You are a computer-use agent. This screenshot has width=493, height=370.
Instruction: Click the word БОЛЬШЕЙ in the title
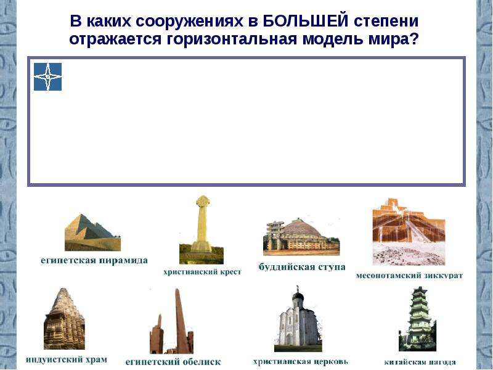(x=305, y=21)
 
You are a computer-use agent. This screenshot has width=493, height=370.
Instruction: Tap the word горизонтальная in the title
(x=232, y=39)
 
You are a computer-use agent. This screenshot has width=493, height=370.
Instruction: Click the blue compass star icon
(x=48, y=76)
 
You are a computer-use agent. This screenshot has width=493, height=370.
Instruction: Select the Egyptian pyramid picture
(x=93, y=232)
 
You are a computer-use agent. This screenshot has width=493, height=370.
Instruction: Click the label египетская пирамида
(x=94, y=261)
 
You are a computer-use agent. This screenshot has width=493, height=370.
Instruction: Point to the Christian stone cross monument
(x=202, y=229)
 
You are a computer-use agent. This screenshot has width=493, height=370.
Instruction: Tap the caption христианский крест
(x=202, y=272)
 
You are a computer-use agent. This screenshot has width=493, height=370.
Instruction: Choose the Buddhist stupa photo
(x=301, y=237)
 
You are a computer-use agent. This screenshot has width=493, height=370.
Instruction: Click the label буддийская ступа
(x=302, y=267)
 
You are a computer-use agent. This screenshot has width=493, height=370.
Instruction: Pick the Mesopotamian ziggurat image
(x=409, y=232)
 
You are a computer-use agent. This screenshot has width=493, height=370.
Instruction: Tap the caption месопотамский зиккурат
(x=409, y=276)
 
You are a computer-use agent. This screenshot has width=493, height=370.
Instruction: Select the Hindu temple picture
(x=65, y=318)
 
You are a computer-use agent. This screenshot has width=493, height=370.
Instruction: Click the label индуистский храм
(x=67, y=360)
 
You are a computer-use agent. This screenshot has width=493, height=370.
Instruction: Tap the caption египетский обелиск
(x=173, y=362)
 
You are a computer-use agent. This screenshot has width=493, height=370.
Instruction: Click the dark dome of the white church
(x=298, y=297)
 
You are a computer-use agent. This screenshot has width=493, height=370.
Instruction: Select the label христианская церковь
(x=301, y=361)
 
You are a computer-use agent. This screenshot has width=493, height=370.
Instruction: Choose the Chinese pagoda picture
(x=418, y=319)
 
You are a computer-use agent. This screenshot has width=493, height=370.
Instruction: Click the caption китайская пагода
(x=420, y=362)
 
